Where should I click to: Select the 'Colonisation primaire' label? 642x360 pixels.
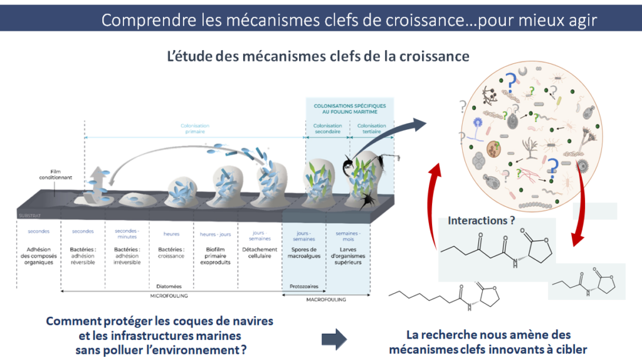pos(194,129)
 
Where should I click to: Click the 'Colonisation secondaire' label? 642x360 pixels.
pos(327,129)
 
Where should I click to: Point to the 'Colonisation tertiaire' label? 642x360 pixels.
pos(372,129)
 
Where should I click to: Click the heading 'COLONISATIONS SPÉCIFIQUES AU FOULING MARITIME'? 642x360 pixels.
pos(350,109)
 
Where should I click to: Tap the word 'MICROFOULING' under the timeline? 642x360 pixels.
pos(170,295)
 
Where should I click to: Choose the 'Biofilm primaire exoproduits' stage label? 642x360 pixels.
pos(216,256)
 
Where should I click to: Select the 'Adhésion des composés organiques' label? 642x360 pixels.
pos(39,256)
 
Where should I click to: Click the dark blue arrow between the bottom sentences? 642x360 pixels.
pos(334,339)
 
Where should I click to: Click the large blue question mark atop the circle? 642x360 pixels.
pos(511,82)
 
